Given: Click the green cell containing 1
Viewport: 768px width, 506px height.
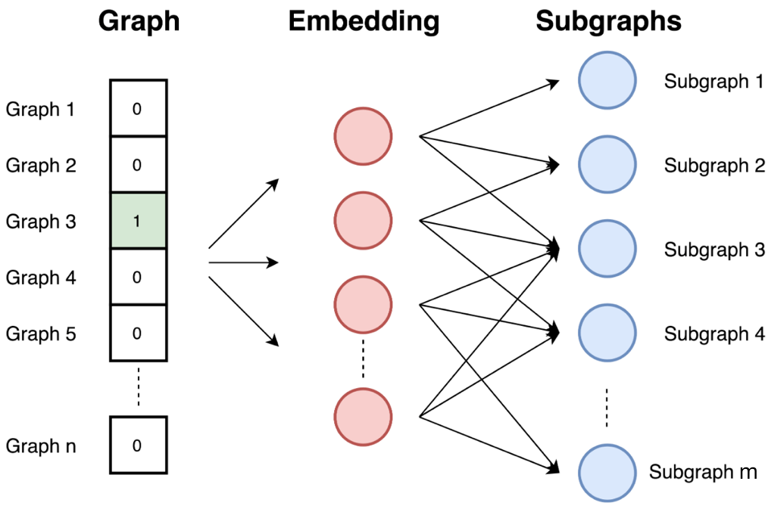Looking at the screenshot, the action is coord(139,221).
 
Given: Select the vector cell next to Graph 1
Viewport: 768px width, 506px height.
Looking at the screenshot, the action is coord(139,108).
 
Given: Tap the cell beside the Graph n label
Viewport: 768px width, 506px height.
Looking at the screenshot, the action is coord(139,445).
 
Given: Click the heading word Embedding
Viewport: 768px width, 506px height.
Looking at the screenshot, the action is coord(364,22).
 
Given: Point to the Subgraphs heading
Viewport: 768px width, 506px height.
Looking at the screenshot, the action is coord(608,22).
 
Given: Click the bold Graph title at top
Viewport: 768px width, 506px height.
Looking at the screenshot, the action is coord(139,22).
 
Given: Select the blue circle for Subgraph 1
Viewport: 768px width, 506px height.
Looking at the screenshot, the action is coord(607,80).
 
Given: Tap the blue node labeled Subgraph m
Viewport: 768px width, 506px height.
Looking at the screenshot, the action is coord(607,473).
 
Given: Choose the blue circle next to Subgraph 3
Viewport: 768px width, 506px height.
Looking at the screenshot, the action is coord(607,249).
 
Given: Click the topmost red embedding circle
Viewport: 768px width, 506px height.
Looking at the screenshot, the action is coord(363,136).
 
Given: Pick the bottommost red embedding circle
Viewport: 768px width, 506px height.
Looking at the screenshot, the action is coord(363,417).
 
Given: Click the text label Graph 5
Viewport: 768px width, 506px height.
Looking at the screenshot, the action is coord(41,334).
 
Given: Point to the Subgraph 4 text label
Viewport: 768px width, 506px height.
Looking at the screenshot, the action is coord(715,334).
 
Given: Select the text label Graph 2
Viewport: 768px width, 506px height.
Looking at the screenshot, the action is coord(41,165).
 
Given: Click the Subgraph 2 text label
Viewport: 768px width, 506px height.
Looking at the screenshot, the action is coord(715,166).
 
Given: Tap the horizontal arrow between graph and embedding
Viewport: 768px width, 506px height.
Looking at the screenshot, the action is coord(243,262).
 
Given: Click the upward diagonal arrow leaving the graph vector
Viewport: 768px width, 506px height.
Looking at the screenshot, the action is coord(243,213).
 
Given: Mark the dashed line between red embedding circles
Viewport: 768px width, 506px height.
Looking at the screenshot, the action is coord(363,359).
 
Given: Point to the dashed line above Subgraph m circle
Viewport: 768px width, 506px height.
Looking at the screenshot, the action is coord(607,408).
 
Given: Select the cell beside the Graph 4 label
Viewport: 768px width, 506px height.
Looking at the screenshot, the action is coord(139,277).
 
